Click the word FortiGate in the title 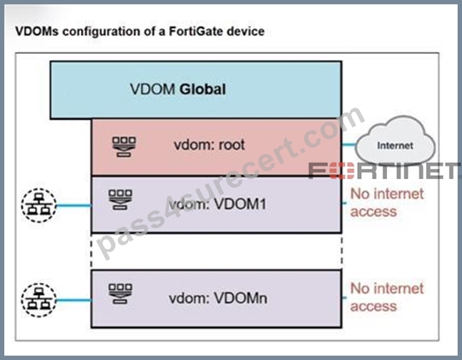[x=191, y=32]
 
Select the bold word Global [x=202, y=89]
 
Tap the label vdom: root [x=209, y=145]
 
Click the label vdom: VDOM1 [x=218, y=204]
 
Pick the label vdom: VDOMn [x=218, y=299]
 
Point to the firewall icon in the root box [x=124, y=147]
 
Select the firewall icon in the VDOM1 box [x=120, y=200]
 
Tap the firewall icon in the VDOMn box [x=120, y=293]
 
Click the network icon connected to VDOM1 [x=38, y=206]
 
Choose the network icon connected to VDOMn [x=38, y=300]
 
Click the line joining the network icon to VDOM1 [x=74, y=206]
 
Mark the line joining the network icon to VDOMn [x=74, y=300]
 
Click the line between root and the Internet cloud [x=349, y=144]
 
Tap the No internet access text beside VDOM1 [x=387, y=202]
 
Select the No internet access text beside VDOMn [x=387, y=297]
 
